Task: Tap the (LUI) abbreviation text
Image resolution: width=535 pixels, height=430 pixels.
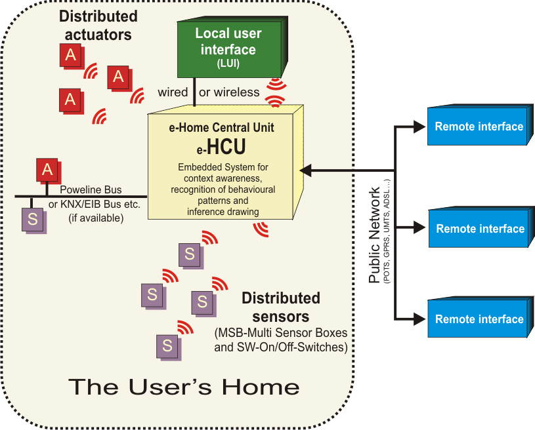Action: coord(228,64)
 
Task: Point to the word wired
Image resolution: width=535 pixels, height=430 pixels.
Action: coord(173,92)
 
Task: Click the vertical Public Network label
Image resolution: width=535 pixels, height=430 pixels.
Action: coord(375,237)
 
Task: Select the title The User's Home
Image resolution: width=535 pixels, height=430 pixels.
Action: coord(184,387)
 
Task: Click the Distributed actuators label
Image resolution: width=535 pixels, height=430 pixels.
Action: coord(98,25)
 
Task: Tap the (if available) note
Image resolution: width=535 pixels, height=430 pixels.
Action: coord(96,218)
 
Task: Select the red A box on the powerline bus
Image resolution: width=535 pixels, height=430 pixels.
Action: coord(47,170)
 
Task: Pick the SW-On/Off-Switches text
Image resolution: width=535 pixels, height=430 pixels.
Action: coord(281,347)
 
